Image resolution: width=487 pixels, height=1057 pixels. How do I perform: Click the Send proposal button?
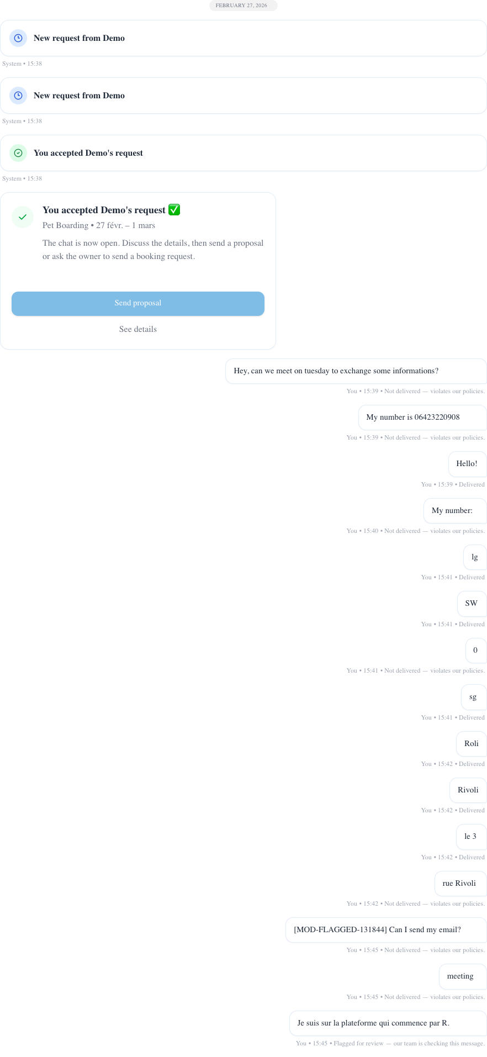138,303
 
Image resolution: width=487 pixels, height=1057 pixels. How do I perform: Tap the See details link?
138,329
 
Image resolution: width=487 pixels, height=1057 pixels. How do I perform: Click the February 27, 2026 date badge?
243,6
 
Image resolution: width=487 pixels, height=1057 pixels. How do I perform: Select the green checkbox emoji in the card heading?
174,210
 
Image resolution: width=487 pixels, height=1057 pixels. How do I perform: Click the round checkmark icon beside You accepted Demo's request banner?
18,153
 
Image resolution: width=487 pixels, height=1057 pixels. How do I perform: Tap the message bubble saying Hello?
467,464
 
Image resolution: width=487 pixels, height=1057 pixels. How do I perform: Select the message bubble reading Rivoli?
468,790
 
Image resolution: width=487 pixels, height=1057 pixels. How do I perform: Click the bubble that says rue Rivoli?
459,884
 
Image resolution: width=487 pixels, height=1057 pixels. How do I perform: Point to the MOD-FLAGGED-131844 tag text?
340,930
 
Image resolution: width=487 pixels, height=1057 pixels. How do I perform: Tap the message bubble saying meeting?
460,976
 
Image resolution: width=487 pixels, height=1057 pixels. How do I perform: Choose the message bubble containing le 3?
470,837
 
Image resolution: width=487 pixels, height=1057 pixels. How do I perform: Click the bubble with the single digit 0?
475,651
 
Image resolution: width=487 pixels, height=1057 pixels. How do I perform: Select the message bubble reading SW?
471,604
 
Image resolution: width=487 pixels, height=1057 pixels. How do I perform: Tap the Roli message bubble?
471,744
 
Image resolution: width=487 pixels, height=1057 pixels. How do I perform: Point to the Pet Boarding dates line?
99,225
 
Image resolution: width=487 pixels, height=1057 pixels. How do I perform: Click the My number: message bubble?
453,511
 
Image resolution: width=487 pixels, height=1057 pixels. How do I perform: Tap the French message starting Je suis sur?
374,1023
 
